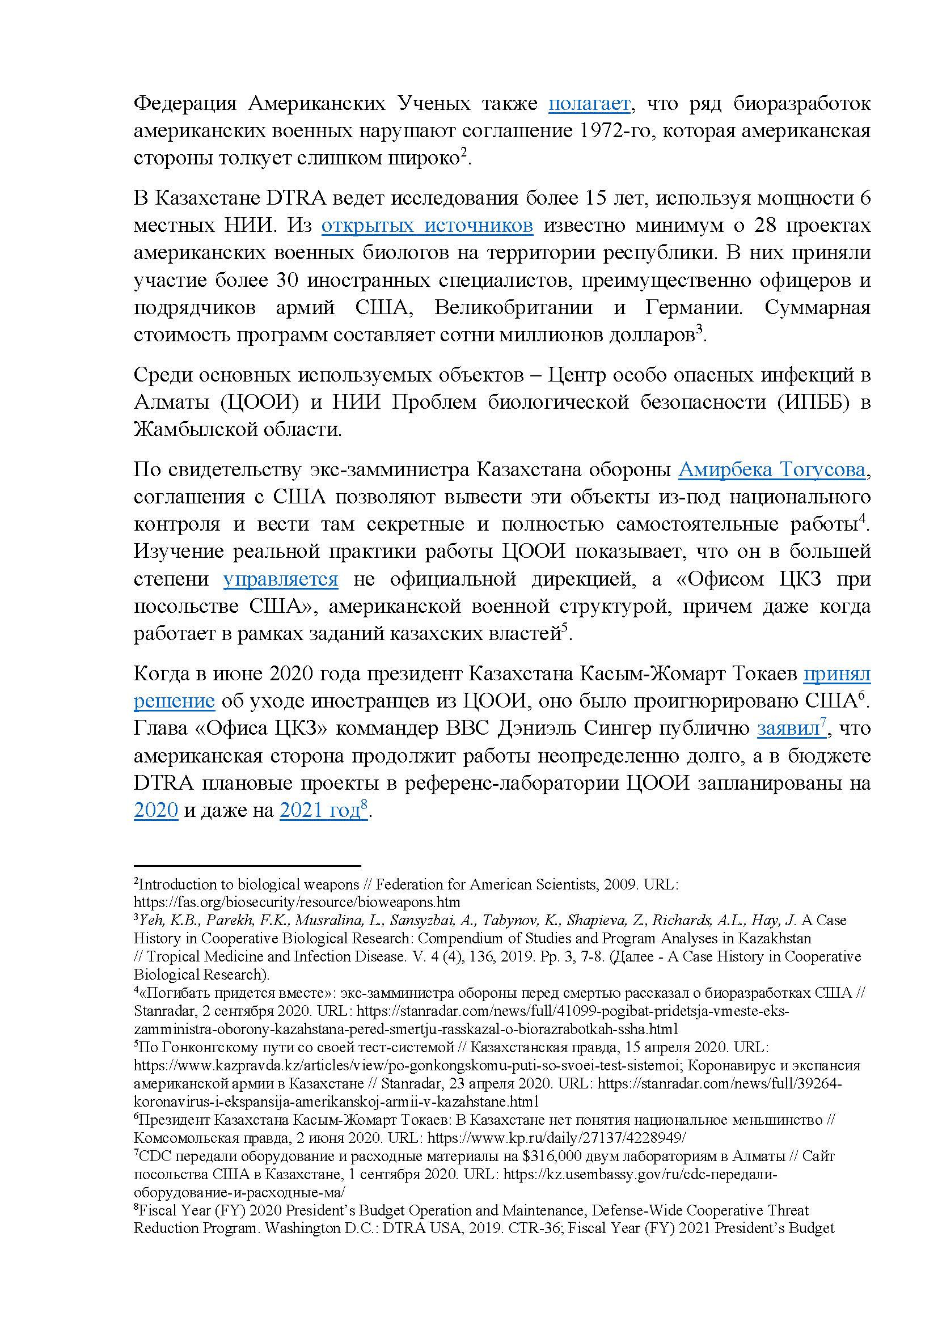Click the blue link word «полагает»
coord(589,104)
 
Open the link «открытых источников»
coord(427,226)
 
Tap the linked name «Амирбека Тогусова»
coord(772,470)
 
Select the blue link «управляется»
coord(281,579)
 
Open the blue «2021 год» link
coord(320,811)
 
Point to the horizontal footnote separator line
coord(247,866)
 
